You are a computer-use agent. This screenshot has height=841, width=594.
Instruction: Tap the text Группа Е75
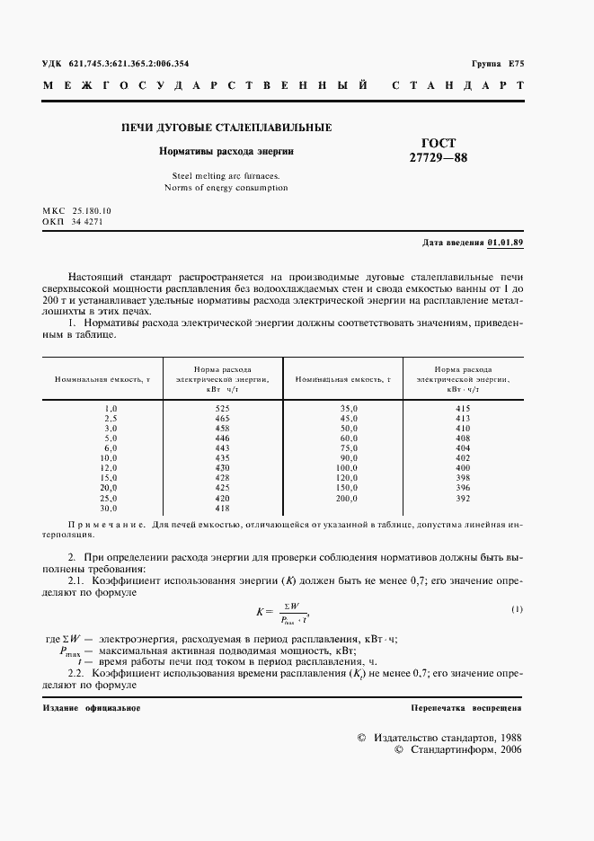click(x=497, y=64)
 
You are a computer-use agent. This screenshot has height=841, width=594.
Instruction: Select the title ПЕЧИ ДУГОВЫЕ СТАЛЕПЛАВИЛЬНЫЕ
click(x=226, y=128)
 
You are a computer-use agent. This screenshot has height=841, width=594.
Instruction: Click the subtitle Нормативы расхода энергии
click(x=226, y=152)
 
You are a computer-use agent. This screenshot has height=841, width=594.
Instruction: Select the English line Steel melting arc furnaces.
click(x=226, y=176)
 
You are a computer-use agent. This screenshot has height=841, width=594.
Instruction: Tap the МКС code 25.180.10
click(x=98, y=209)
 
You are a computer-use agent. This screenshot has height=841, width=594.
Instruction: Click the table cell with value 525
click(x=223, y=409)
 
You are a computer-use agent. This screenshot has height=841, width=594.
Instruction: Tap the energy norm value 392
click(x=463, y=498)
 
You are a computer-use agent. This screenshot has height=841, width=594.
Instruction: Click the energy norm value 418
click(x=223, y=508)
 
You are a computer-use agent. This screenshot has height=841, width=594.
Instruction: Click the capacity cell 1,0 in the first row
click(x=111, y=409)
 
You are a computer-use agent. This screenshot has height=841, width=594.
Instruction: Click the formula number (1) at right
click(x=517, y=610)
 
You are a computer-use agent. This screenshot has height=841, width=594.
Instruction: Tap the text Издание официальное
click(x=91, y=708)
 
